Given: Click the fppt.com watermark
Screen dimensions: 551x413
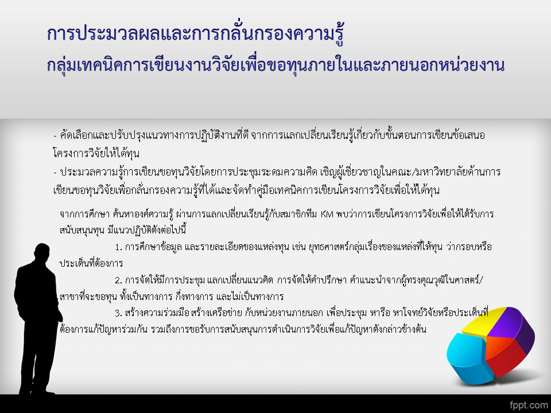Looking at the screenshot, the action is [529, 405].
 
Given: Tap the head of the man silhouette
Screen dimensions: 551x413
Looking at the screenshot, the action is [42, 252].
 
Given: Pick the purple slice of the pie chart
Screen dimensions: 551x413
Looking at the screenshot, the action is [514, 326].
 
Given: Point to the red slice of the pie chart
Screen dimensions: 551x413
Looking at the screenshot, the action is [506, 358].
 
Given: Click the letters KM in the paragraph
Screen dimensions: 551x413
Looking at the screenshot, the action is [327, 214].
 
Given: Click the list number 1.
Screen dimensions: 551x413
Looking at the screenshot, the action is [118, 247].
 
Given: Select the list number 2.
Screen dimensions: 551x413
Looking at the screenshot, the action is [118, 280].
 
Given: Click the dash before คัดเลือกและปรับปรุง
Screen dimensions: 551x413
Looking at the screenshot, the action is [55, 135].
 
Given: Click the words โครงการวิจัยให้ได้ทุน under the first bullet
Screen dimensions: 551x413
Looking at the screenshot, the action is [96, 153].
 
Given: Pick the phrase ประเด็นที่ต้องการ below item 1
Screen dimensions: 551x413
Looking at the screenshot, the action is [91, 263].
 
